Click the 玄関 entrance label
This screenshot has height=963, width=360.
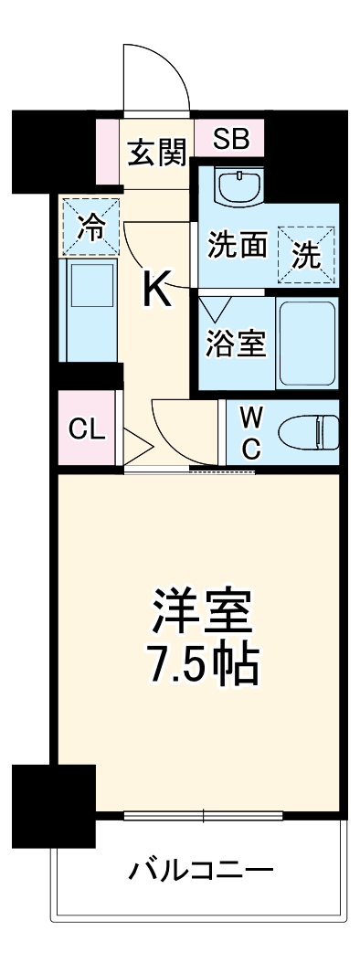click(x=155, y=153)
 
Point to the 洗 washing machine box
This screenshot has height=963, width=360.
click(x=308, y=253)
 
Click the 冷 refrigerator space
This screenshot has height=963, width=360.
click(x=90, y=226)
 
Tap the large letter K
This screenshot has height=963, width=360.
click(x=156, y=291)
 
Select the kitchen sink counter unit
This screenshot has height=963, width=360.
click(x=90, y=308)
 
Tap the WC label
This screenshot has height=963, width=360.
click(x=251, y=433)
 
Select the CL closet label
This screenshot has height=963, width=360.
click(x=87, y=430)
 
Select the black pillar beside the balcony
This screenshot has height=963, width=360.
click(x=54, y=804)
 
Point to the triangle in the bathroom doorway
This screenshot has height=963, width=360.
click(x=215, y=305)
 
